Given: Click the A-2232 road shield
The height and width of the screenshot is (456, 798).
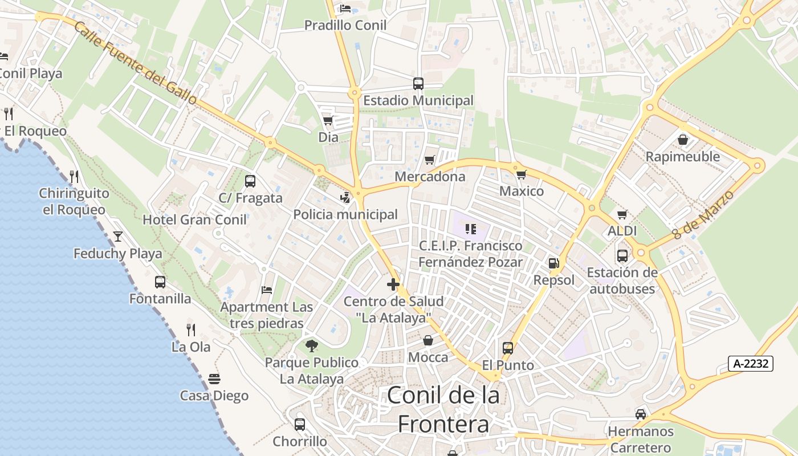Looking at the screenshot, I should pyautogui.click(x=750, y=364).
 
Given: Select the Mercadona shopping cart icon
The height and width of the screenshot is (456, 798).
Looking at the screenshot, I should pyautogui.click(x=429, y=160).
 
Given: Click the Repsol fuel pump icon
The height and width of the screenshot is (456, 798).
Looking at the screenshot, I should pyautogui.click(x=553, y=263).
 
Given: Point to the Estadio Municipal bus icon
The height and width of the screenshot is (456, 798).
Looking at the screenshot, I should pyautogui.click(x=418, y=84).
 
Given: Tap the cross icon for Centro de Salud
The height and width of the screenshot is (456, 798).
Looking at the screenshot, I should pyautogui.click(x=393, y=284).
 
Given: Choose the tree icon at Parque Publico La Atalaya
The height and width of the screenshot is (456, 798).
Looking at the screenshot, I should pyautogui.click(x=311, y=345).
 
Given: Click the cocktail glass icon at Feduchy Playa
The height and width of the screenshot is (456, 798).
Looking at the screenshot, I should pyautogui.click(x=118, y=236).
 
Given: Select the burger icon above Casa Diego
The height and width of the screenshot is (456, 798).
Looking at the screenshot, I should pyautogui.click(x=214, y=379).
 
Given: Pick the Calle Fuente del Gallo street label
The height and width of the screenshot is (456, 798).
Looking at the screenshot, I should pyautogui.click(x=135, y=64).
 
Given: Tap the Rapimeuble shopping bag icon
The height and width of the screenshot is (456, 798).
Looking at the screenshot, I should pyautogui.click(x=682, y=140).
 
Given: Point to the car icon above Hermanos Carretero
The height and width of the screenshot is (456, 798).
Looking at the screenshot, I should pyautogui.click(x=641, y=414).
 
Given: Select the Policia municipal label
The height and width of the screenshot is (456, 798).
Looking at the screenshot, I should pyautogui.click(x=345, y=214).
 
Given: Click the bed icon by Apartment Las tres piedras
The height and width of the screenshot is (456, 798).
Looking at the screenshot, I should pyautogui.click(x=266, y=290).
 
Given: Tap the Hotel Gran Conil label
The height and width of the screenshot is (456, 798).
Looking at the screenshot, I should pyautogui.click(x=194, y=219).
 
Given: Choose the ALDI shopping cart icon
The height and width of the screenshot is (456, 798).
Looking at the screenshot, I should pyautogui.click(x=622, y=215).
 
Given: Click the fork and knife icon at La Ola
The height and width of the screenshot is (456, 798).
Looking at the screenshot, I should pyautogui.click(x=191, y=329).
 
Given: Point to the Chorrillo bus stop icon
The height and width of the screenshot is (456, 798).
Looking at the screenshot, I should pyautogui.click(x=300, y=424).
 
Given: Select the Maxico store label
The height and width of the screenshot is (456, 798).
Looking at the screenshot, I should pyautogui.click(x=522, y=191).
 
